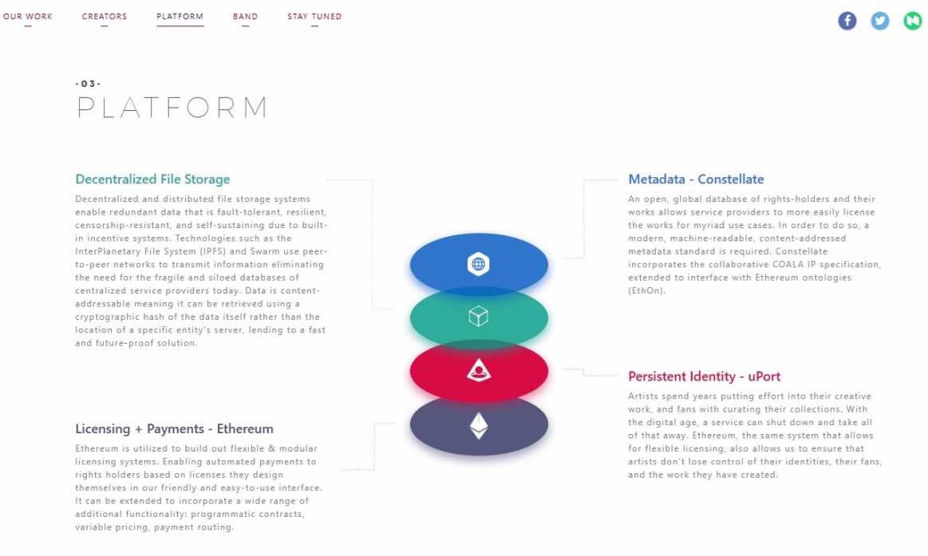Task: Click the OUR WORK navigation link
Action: [x=28, y=17]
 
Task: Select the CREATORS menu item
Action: [x=105, y=17]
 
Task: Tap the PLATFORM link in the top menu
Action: [x=180, y=17]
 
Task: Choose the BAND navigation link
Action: [x=245, y=17]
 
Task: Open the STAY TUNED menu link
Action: [x=314, y=17]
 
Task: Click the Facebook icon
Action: [x=847, y=21]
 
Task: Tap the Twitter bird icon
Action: [x=880, y=21]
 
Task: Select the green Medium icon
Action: [x=913, y=21]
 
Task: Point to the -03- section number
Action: [x=89, y=84]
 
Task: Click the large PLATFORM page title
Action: [x=172, y=108]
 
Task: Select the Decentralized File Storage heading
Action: [x=152, y=179]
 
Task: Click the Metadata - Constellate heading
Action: [x=696, y=179]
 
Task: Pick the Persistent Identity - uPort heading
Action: [x=705, y=377]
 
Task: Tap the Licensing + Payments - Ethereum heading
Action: [x=174, y=429]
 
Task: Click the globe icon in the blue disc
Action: [x=478, y=264]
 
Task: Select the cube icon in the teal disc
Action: [x=478, y=317]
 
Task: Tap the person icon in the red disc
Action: [x=479, y=370]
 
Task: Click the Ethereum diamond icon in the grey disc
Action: [x=479, y=425]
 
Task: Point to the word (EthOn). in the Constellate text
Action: [x=647, y=290]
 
